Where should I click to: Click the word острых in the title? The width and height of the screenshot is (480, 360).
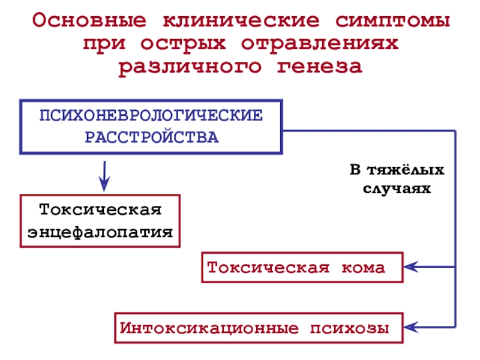tap(185, 44)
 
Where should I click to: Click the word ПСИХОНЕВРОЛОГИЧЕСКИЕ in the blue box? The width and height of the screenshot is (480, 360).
tap(151, 115)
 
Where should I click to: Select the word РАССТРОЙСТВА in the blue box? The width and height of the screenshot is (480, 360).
tap(151, 137)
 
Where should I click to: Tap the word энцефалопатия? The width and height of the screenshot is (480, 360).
tap(101, 232)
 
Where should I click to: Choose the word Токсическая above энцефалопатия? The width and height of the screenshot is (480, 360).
tap(101, 211)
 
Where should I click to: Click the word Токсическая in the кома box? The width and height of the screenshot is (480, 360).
tap(268, 267)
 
